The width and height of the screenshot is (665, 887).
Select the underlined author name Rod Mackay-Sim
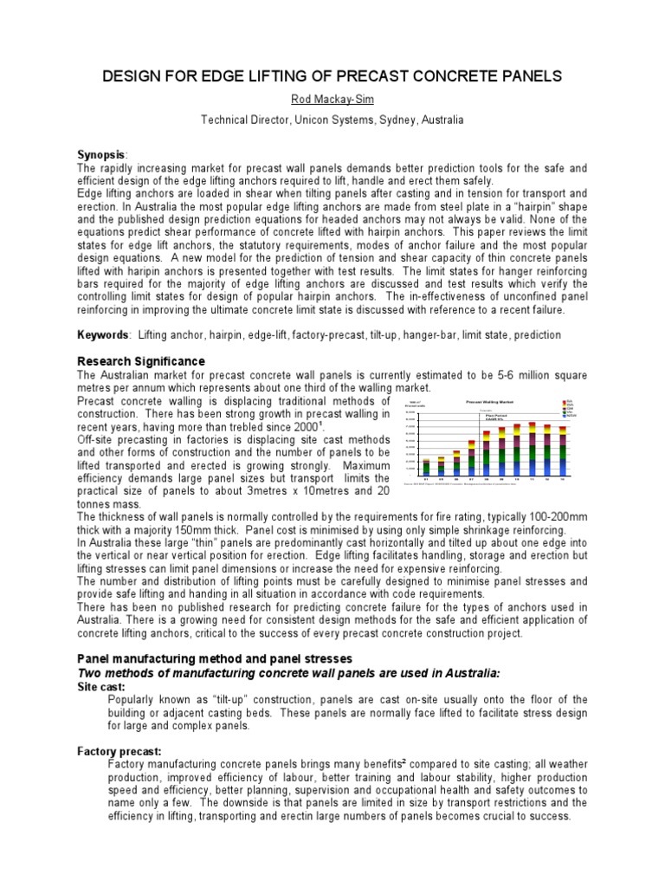(332, 100)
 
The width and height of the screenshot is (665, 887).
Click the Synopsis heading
(101, 153)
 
